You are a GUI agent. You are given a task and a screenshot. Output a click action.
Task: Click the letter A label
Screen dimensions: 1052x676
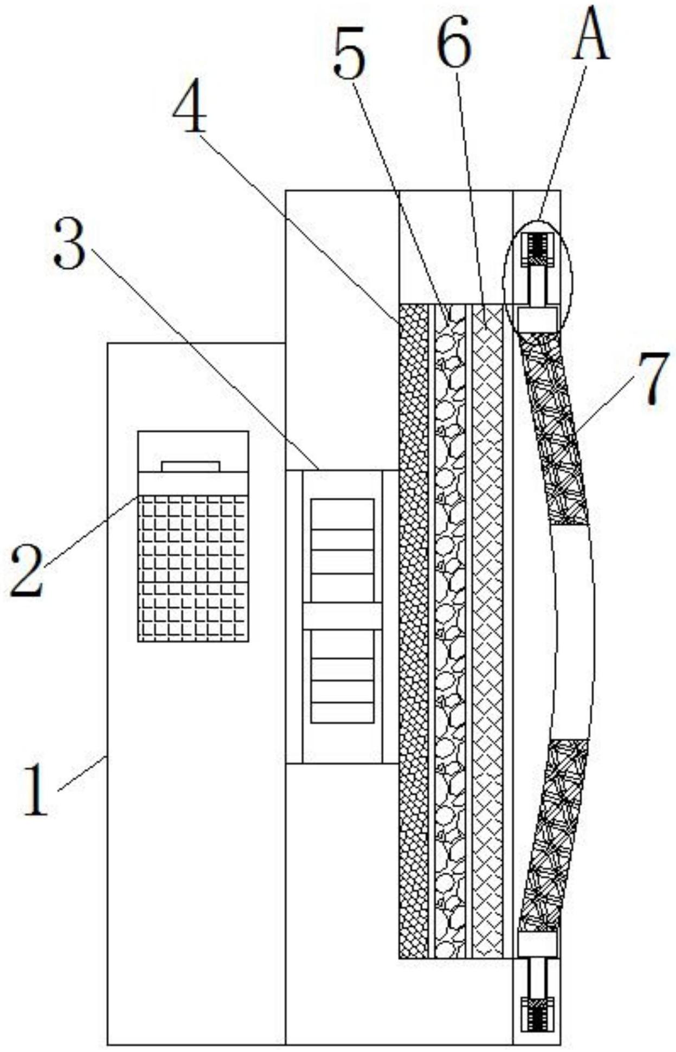pyautogui.click(x=591, y=38)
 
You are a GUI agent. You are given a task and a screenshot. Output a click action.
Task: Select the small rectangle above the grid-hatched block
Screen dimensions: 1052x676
pyautogui.click(x=191, y=466)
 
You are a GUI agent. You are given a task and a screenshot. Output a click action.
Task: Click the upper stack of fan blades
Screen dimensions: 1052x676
pyautogui.click(x=342, y=549)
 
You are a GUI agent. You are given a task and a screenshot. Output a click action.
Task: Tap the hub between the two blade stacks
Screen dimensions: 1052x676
pyautogui.click(x=342, y=615)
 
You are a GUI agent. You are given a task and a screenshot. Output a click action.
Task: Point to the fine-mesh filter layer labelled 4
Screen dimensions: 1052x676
pyautogui.click(x=413, y=629)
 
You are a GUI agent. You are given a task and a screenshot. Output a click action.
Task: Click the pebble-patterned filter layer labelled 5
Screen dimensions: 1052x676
pyautogui.click(x=450, y=629)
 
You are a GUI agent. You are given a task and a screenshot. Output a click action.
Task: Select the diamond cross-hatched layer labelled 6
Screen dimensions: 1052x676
pyautogui.click(x=487, y=629)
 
